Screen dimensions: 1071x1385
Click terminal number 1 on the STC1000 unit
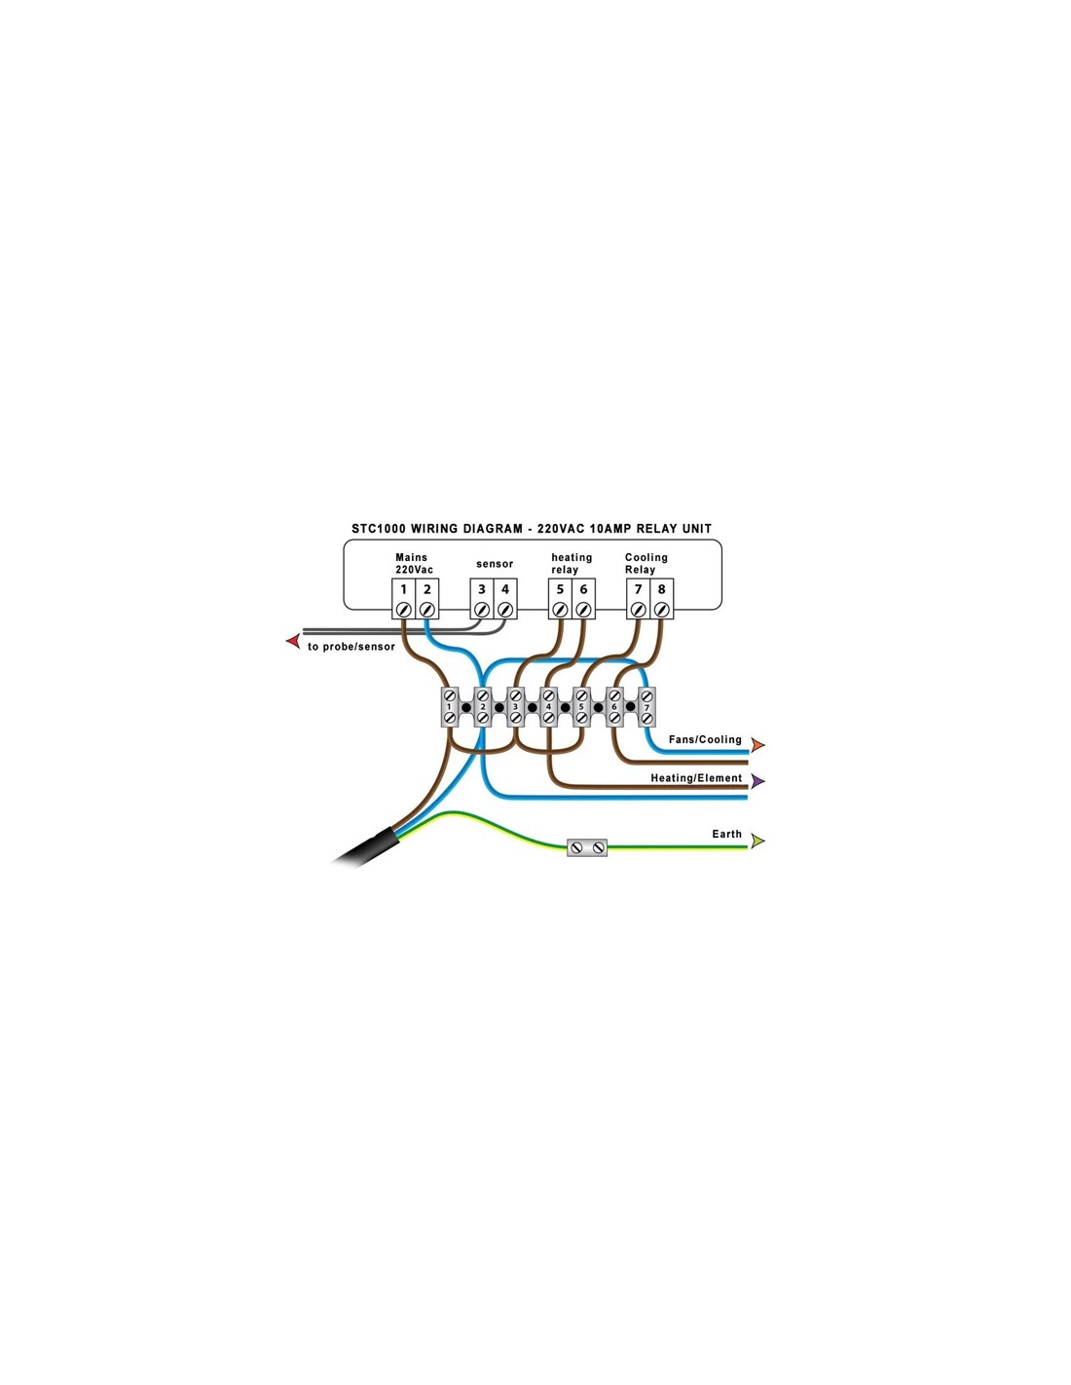(403, 598)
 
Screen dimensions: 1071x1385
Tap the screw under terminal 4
(505, 610)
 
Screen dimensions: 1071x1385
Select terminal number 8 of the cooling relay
(662, 598)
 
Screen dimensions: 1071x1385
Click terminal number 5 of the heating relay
(560, 598)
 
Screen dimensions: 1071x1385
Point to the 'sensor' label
(495, 564)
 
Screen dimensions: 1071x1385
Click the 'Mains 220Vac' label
(414, 563)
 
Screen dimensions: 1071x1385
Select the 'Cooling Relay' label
(646, 563)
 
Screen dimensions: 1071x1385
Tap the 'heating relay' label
(572, 563)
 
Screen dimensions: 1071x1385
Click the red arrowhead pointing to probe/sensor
(293, 641)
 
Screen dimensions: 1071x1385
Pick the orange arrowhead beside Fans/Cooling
(757, 744)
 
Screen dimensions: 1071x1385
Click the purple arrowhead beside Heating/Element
(757, 781)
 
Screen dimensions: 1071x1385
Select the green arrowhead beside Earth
(757, 841)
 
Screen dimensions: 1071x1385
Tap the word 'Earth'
(727, 834)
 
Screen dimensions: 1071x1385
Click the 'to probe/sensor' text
(351, 647)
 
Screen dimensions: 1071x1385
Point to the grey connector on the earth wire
(587, 847)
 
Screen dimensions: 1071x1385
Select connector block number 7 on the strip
(646, 707)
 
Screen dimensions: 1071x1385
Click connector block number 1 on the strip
(450, 707)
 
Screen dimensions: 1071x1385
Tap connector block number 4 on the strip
(548, 707)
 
